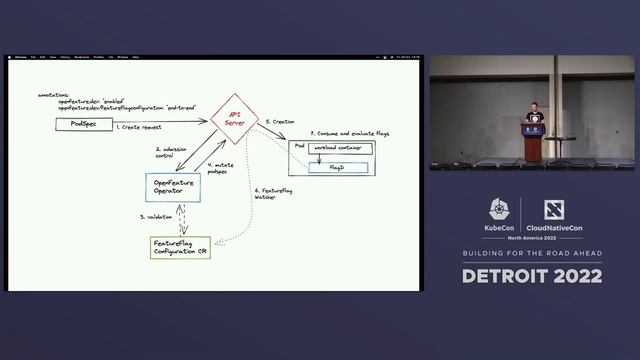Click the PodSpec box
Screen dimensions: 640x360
(82, 123)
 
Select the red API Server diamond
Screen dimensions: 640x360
(235, 118)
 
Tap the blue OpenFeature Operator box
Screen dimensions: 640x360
(174, 188)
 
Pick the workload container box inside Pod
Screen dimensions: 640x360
(339, 148)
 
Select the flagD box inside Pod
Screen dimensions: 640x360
(338, 167)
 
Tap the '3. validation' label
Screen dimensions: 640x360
(156, 216)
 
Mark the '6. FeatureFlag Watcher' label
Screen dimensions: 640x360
(273, 193)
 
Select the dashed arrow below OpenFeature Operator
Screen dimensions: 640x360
(181, 220)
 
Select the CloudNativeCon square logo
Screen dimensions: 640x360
(553, 209)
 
